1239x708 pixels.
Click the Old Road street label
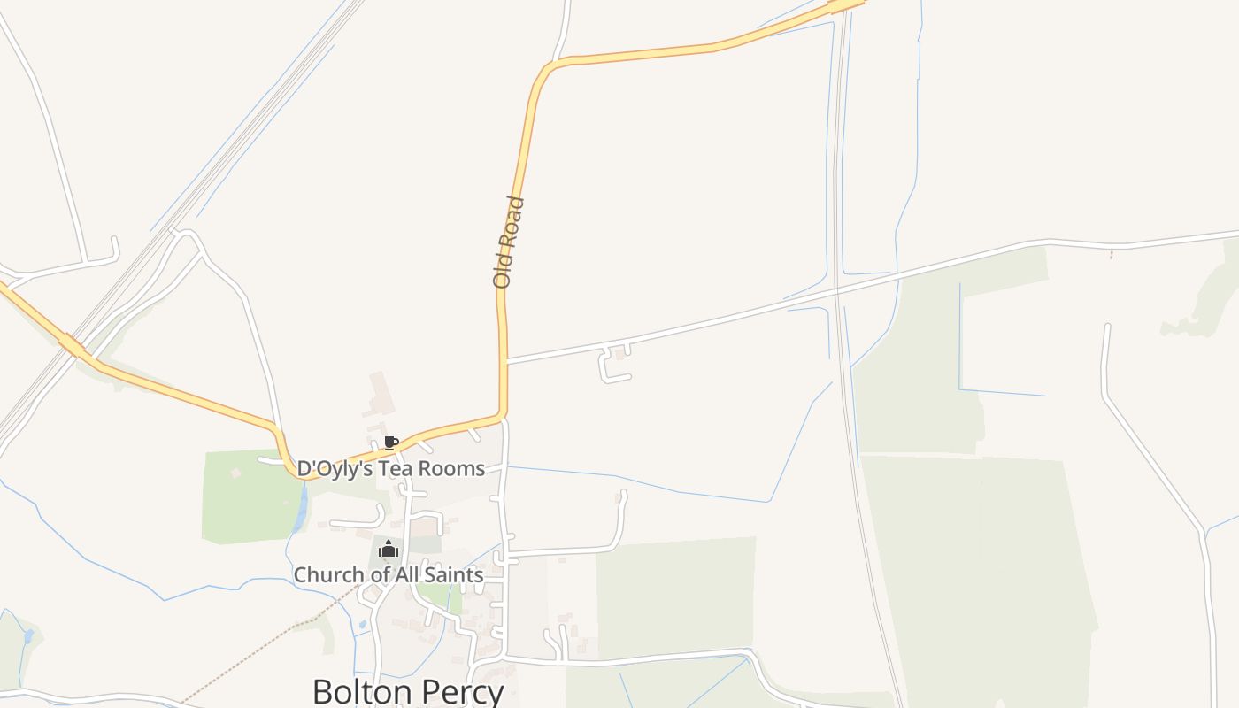(509, 242)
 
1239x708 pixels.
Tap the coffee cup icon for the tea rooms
(390, 442)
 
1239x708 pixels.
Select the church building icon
(388, 550)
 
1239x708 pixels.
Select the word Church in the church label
(328, 575)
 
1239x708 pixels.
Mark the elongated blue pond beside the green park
(303, 509)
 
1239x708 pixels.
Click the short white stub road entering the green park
(269, 460)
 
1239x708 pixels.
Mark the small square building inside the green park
(236, 473)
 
